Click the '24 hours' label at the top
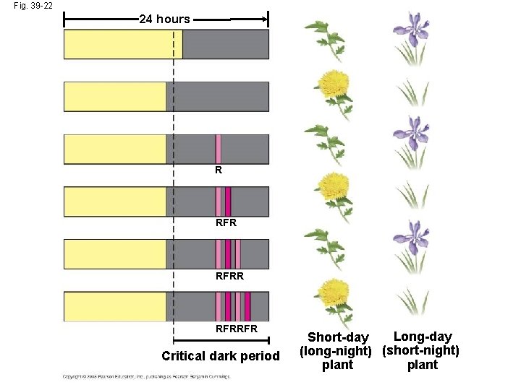click(164, 19)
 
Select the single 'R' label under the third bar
click(219, 171)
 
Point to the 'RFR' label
click(226, 223)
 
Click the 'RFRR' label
click(229, 276)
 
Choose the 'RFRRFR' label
click(236, 329)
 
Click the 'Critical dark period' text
click(220, 356)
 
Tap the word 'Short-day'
click(338, 337)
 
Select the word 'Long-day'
click(422, 337)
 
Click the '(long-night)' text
click(336, 351)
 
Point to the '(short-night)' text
click(421, 351)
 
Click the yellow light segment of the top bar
click(123, 44)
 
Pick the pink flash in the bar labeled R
click(219, 149)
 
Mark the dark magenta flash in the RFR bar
click(228, 201)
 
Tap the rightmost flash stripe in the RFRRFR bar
click(247, 306)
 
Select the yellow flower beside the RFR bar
click(334, 189)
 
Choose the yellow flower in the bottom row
click(334, 296)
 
